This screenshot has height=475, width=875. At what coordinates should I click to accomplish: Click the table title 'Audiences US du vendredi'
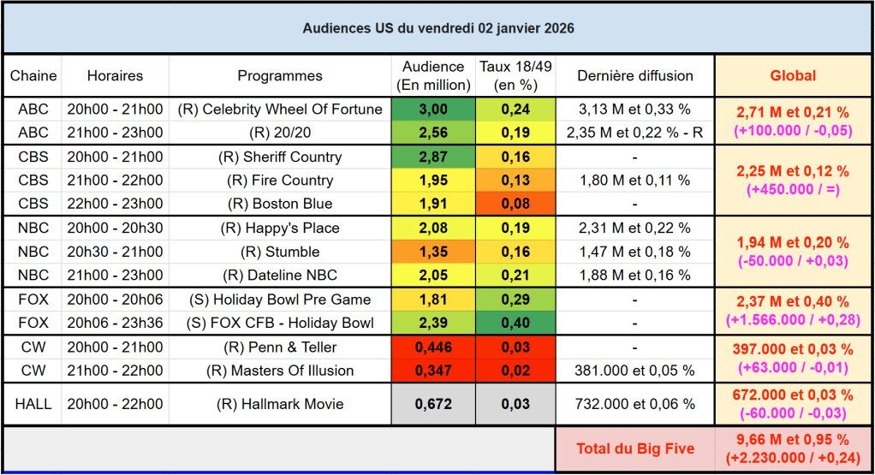438,28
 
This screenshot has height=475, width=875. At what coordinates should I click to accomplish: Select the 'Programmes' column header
280,76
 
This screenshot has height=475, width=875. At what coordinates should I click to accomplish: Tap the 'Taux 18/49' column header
515,76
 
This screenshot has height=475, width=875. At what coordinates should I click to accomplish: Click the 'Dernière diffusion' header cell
635,76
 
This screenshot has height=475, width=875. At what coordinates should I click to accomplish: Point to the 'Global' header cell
793,76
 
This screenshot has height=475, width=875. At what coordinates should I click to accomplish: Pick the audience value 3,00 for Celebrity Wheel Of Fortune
434,110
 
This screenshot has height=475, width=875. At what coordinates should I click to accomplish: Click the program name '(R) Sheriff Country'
280,157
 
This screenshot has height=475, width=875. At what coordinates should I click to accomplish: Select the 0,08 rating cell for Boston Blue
515,205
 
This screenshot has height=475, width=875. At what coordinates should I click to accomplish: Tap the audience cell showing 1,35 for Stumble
434,252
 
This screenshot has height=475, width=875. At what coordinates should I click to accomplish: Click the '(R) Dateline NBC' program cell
280,276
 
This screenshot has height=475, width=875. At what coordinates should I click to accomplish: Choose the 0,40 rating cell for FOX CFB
515,324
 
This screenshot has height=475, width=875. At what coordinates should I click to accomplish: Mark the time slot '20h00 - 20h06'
115,300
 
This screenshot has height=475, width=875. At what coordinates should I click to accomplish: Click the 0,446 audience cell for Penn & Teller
434,347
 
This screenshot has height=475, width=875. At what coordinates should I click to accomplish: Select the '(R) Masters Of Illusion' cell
280,371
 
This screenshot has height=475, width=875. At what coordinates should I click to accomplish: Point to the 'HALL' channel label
33,405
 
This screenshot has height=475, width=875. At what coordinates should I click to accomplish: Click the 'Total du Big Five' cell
635,449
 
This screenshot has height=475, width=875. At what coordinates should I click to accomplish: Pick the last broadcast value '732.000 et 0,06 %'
635,405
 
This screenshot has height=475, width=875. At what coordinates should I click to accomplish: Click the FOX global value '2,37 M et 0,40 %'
793,302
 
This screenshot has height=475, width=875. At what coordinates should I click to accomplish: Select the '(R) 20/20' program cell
280,134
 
